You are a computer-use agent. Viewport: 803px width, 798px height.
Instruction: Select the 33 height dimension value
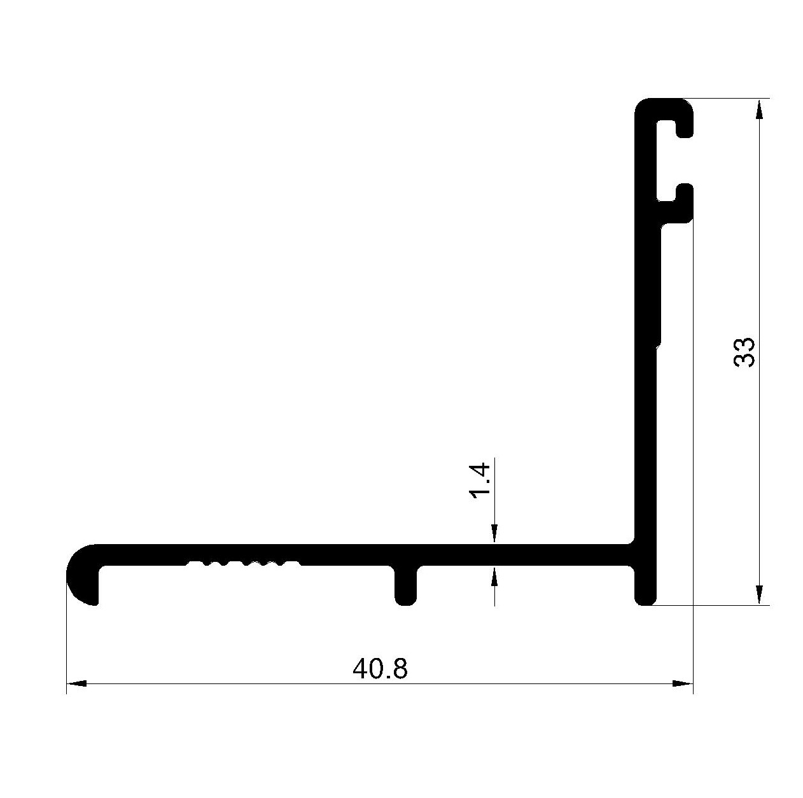point(744,352)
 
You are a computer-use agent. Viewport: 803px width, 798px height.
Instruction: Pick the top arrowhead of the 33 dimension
point(759,109)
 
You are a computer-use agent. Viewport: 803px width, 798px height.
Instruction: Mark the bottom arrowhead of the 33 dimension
point(759,594)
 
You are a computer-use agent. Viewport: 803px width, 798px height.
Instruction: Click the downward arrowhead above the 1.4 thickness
point(494,533)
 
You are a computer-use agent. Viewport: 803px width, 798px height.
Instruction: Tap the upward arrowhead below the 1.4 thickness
point(494,576)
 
